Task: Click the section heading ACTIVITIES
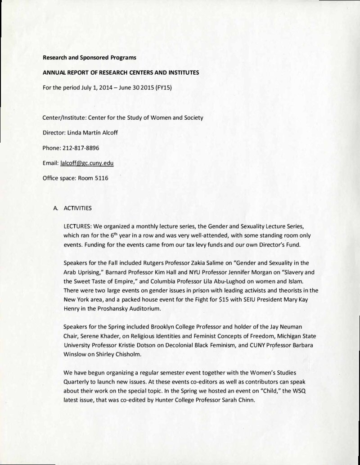click(x=77, y=208)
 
